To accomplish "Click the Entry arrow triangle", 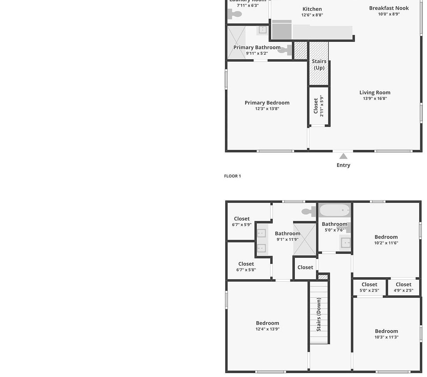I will pyautogui.click(x=343, y=156).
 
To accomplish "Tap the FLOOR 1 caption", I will pyautogui.click(x=232, y=176).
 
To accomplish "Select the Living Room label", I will pyautogui.click(x=375, y=93).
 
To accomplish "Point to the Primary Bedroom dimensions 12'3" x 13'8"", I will pyautogui.click(x=267, y=109).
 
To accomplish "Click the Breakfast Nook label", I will pyautogui.click(x=389, y=8).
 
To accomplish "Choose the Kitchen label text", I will pyautogui.click(x=312, y=9).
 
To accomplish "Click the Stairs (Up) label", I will pyautogui.click(x=319, y=64).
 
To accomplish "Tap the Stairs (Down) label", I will pyautogui.click(x=319, y=314).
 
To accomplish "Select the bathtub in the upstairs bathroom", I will pyautogui.click(x=335, y=210).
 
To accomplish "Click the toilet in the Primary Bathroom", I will pyautogui.click(x=287, y=50).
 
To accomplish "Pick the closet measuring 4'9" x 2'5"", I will pyautogui.click(x=403, y=287).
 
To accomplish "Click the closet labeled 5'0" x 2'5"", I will pyautogui.click(x=369, y=287).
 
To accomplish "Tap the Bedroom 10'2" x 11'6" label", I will pyautogui.click(x=386, y=240).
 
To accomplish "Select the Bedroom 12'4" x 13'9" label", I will pyautogui.click(x=267, y=326).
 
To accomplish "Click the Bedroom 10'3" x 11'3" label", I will pyautogui.click(x=386, y=334).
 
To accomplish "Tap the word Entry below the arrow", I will pyautogui.click(x=343, y=165).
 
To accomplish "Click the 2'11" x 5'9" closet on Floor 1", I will pyautogui.click(x=318, y=106).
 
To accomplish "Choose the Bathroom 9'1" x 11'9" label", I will pyautogui.click(x=287, y=236).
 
